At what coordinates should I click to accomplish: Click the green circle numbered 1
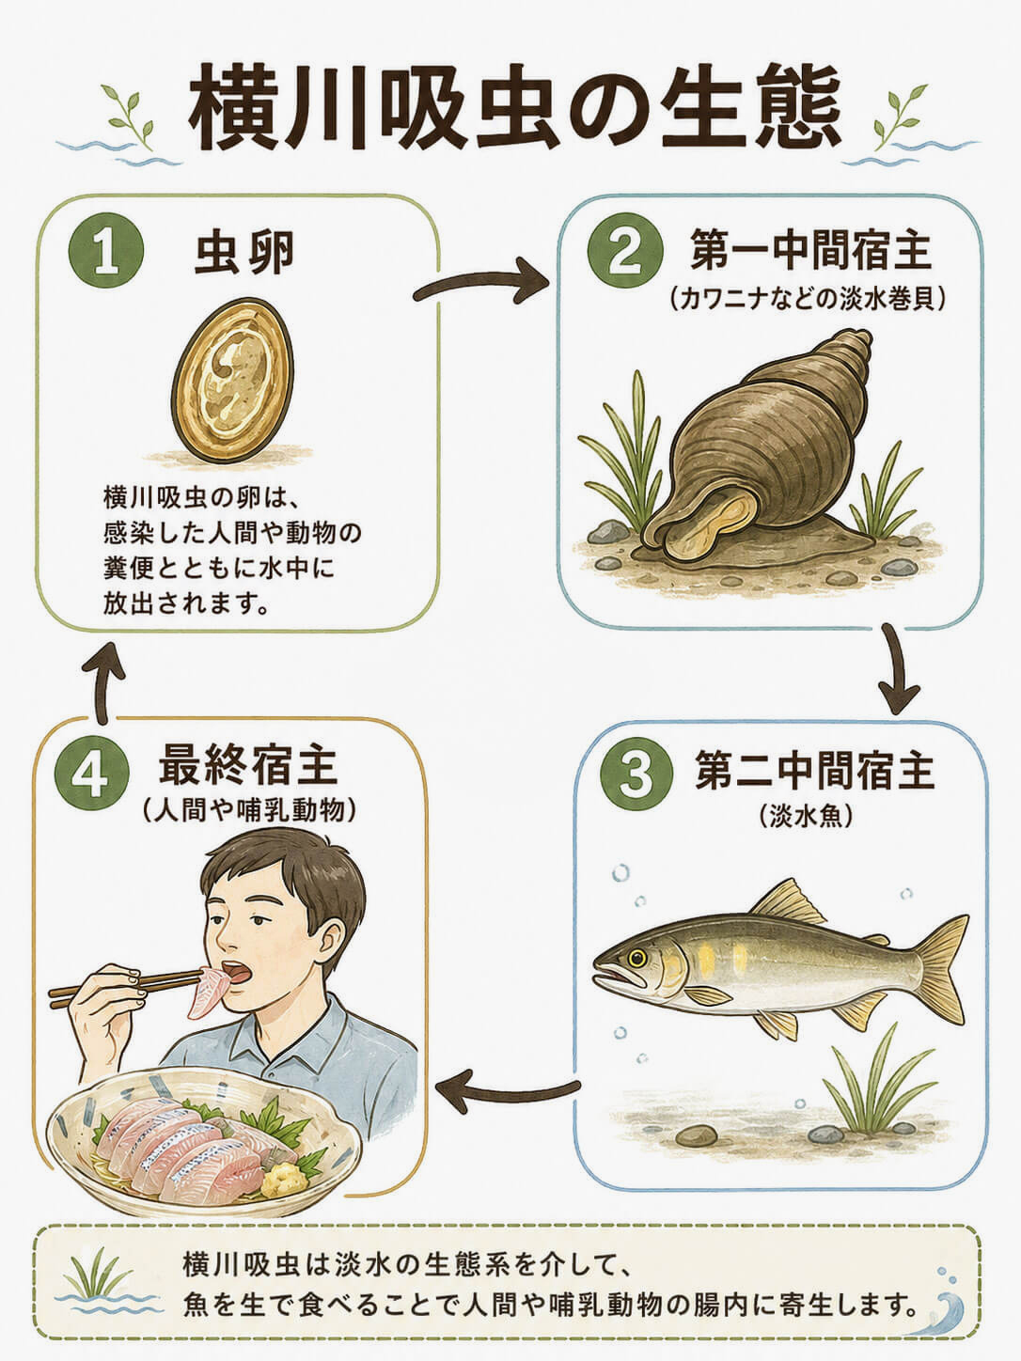click(x=106, y=252)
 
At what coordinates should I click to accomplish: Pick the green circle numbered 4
click(x=92, y=774)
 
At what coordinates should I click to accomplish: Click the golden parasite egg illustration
click(x=232, y=381)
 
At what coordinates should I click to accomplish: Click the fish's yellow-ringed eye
click(x=636, y=959)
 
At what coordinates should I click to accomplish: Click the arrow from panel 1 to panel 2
click(x=481, y=282)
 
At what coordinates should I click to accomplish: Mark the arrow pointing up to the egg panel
click(x=102, y=682)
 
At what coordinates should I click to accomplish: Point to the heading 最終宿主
click(x=248, y=767)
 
